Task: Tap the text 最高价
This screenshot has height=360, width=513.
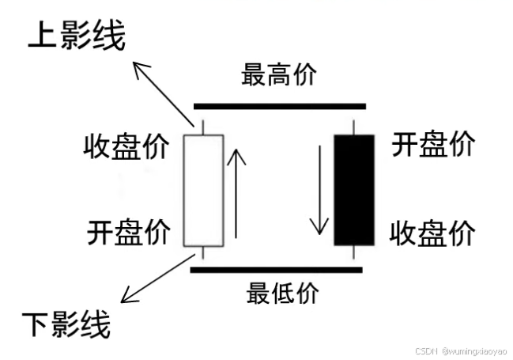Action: tap(279, 75)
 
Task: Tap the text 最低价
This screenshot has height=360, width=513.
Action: tap(282, 293)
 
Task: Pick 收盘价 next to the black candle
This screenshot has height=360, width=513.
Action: tap(434, 233)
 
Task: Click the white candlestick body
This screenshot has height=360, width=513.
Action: tap(204, 190)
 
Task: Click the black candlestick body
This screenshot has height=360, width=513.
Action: tap(353, 190)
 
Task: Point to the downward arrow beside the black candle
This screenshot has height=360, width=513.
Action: tap(319, 190)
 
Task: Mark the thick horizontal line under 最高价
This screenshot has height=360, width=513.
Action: tap(280, 105)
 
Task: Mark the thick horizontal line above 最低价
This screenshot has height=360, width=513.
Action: tap(277, 271)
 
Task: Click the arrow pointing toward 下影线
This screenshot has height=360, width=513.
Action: tap(158, 279)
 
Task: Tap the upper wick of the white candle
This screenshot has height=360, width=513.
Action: tap(204, 127)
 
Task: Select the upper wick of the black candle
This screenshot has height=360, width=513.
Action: tap(353, 127)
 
